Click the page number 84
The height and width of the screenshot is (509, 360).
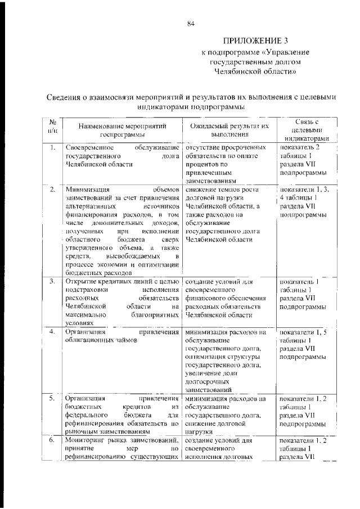[191, 23]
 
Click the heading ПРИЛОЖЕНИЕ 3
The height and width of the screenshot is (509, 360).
[255, 41]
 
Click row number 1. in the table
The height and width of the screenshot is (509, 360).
[51, 148]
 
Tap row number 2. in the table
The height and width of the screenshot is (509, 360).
[51, 190]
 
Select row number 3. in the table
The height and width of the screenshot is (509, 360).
[51, 281]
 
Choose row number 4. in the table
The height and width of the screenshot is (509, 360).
[51, 331]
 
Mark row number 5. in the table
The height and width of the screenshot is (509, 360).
[51, 398]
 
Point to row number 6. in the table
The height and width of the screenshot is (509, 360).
[51, 440]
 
